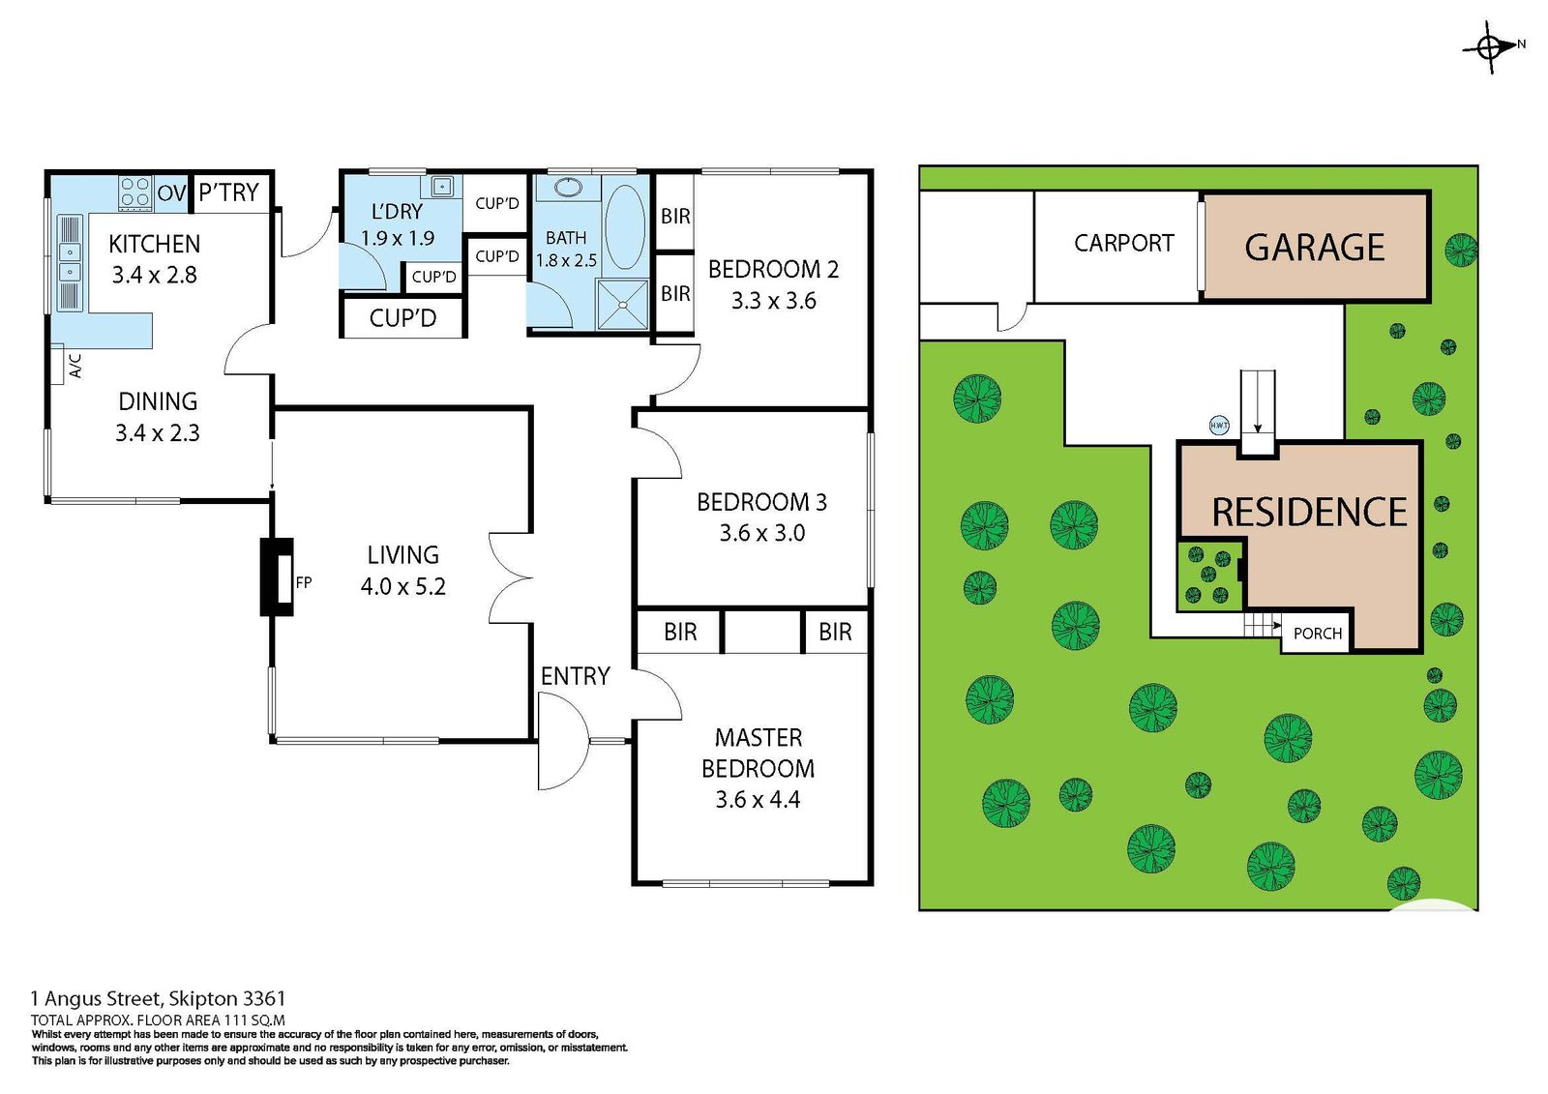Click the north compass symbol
1492,47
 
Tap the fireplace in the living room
277,577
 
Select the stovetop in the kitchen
134,192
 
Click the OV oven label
172,192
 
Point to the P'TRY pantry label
228,192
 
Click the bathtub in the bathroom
625,226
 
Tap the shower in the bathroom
623,304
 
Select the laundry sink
441,187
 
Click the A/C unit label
76,367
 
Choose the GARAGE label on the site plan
1315,248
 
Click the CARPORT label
1124,243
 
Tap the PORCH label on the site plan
1318,633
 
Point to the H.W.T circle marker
1220,425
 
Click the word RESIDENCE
1310,512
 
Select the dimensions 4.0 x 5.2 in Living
402,587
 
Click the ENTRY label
576,676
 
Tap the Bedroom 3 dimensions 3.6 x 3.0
762,533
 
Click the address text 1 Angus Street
96,998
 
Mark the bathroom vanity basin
568,187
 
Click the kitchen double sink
70,262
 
